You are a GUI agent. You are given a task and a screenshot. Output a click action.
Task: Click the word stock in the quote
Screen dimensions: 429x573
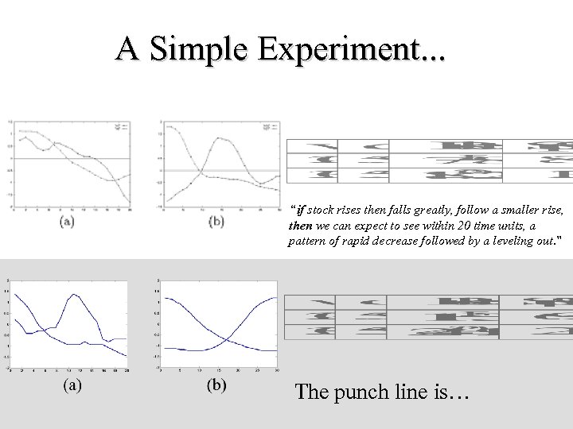pos(321,211)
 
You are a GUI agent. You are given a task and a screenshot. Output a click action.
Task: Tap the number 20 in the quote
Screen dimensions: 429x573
pos(442,226)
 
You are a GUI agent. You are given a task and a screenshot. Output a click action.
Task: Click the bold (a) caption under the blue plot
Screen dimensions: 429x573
pos(71,386)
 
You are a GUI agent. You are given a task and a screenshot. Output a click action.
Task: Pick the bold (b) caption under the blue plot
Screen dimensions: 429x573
pos(216,386)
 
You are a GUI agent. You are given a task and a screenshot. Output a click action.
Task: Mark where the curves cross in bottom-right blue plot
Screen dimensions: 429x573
pos(228,339)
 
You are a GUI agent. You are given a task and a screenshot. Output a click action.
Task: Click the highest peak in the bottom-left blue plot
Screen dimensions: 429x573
pos(74,295)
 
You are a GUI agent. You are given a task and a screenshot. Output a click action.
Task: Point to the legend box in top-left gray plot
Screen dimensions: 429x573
pos(122,126)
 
